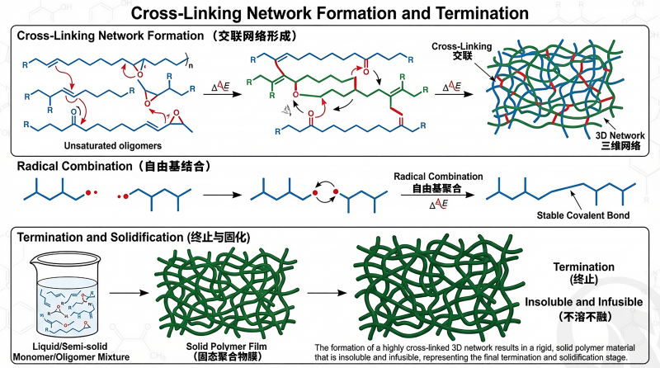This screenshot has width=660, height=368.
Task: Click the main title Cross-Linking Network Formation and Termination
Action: tap(330, 13)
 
